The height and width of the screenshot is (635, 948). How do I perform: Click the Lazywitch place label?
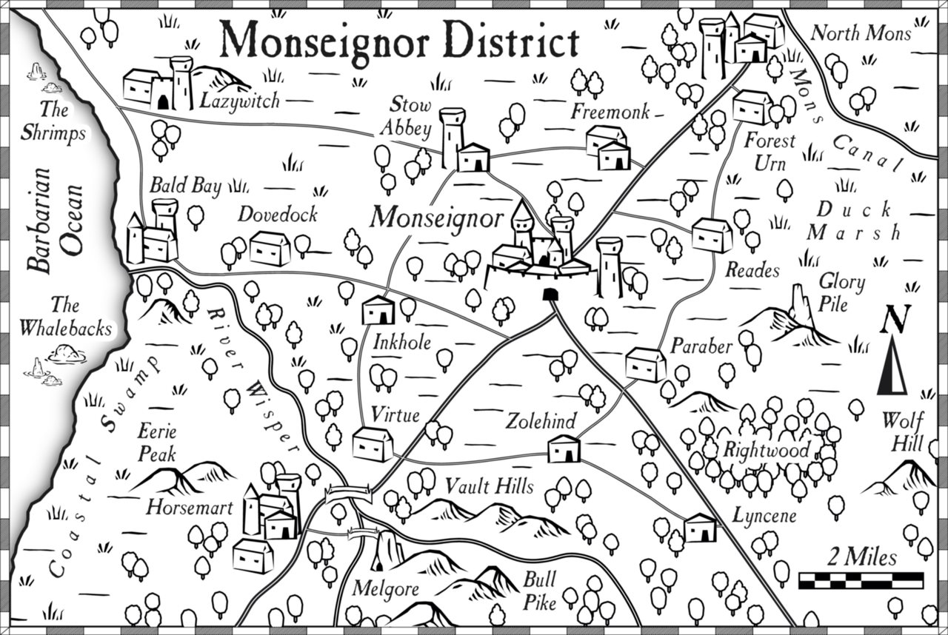tap(239, 98)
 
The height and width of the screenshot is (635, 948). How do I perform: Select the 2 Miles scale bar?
tap(861, 579)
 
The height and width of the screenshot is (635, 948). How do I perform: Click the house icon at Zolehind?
tap(564, 448)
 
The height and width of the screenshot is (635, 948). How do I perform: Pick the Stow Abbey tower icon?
tap(452, 138)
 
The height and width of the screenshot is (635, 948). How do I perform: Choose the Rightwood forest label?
tap(766, 449)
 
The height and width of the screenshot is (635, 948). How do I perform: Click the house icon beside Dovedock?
tap(270, 249)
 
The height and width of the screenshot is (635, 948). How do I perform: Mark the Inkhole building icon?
tap(378, 310)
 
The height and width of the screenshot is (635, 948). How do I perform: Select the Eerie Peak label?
tap(156, 442)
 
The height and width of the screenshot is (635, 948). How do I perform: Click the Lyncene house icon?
tap(700, 528)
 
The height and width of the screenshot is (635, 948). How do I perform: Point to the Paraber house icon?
tap(646, 364)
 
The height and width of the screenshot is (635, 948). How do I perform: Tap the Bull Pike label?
tap(539, 592)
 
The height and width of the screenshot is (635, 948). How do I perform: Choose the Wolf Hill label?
tap(902, 432)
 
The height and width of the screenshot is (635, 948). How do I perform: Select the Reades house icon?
tap(712, 235)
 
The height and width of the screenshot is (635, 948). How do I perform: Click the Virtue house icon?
tap(373, 444)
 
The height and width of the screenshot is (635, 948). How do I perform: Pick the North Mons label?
tap(849, 33)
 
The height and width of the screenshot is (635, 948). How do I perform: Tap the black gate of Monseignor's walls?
tap(550, 295)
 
